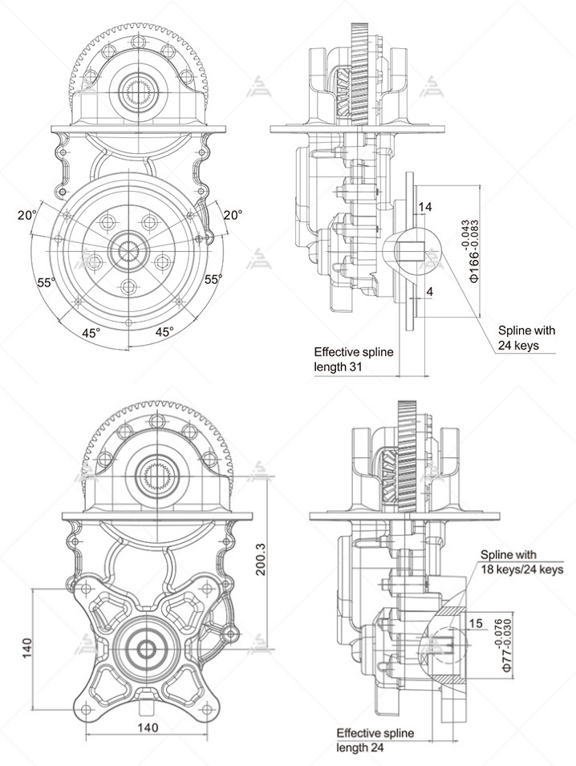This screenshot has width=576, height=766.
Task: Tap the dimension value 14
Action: click(x=425, y=207)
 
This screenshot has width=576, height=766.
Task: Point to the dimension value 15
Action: click(x=476, y=623)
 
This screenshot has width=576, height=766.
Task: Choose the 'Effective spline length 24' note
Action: click(x=375, y=740)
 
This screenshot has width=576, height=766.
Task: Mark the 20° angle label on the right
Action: click(x=233, y=215)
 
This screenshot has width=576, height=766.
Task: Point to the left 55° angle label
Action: click(x=47, y=282)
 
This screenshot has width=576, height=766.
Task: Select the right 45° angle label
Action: click(x=165, y=332)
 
